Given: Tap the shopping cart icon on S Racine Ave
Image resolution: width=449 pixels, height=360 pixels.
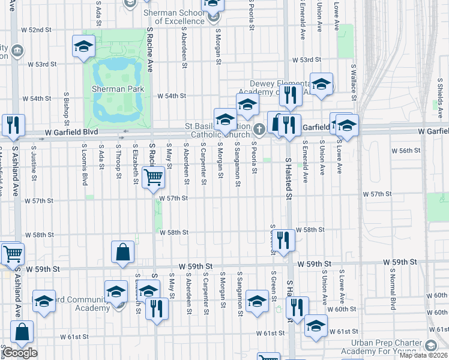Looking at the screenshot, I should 153,177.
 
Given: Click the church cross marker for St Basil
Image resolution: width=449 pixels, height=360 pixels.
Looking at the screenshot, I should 259,128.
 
